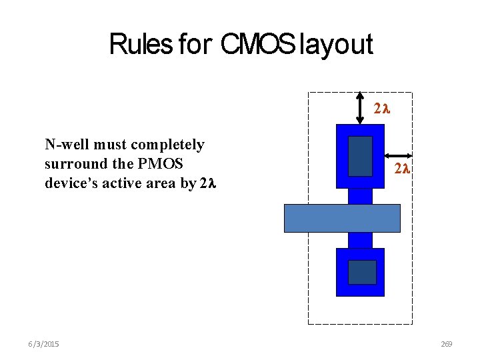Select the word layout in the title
(336, 44)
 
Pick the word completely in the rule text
(168, 145)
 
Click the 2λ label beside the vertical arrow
(381, 108)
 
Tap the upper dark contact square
(361, 156)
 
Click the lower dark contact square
(362, 272)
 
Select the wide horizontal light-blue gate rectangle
(342, 218)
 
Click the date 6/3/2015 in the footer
(43, 344)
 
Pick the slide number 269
(447, 344)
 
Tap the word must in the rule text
(112, 145)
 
